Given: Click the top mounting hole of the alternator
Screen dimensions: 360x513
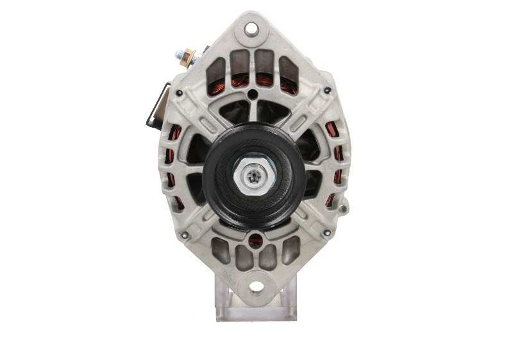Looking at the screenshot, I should pos(251,28).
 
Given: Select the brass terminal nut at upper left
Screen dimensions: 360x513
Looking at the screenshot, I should pos(186,58).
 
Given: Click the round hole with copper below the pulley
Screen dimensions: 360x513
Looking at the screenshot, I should pos(256,241).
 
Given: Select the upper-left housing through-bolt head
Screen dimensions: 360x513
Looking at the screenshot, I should pos(179,94).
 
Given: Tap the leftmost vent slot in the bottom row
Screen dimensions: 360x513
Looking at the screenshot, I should pos(221,251).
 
